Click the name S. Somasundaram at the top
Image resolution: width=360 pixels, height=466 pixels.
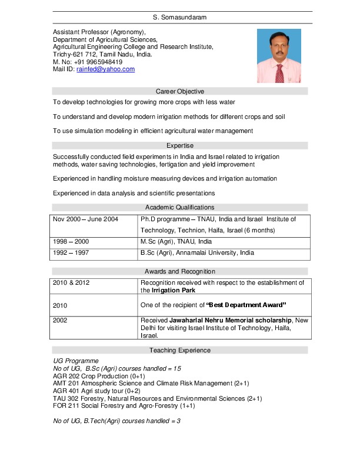[179, 18]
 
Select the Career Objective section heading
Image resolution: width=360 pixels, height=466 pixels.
[179, 91]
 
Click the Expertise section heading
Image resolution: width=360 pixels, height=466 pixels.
[179, 145]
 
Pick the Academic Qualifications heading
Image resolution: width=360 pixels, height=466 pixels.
[179, 207]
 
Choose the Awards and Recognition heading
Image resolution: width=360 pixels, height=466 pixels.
[179, 271]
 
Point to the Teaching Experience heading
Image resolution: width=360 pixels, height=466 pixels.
[179, 350]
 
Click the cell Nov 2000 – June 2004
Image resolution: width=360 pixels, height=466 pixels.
[85, 219]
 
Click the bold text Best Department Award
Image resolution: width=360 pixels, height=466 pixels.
[246, 305]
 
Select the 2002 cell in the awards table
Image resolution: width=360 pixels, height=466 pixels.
[61, 321]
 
